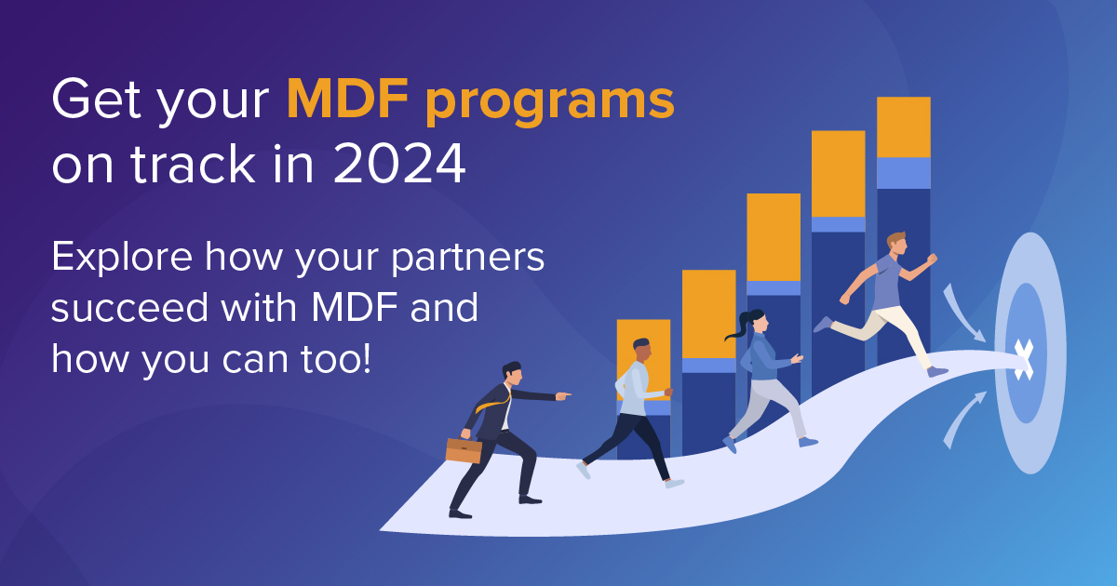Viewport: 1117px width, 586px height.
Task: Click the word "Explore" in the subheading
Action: (118, 258)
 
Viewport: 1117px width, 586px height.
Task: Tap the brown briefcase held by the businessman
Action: (464, 450)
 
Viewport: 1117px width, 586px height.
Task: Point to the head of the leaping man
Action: (895, 244)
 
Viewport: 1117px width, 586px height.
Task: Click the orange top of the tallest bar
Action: (903, 127)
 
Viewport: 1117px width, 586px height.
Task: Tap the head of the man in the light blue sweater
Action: (640, 351)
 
